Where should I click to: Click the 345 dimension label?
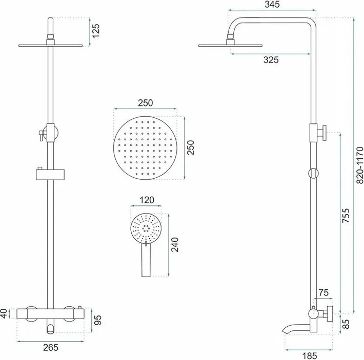tap(272, 5)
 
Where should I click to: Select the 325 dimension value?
tap(271, 60)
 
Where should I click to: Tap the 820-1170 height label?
tap(359, 165)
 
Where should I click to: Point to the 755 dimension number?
tap(346, 216)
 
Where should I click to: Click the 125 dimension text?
tap(96, 31)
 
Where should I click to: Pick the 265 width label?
tap(51, 347)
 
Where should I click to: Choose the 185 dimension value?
tap(310, 355)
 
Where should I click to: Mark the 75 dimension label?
tap(323, 293)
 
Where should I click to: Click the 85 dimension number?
tap(346, 324)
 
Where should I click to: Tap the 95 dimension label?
tap(98, 320)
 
